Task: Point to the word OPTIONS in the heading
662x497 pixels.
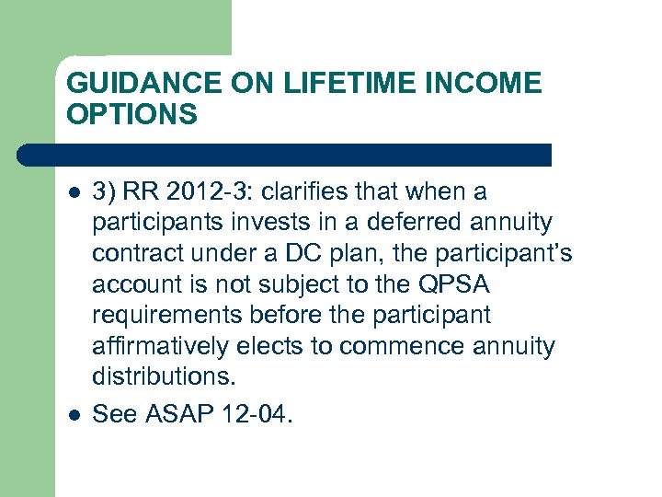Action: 131,114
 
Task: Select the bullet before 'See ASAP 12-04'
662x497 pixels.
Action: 74,415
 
